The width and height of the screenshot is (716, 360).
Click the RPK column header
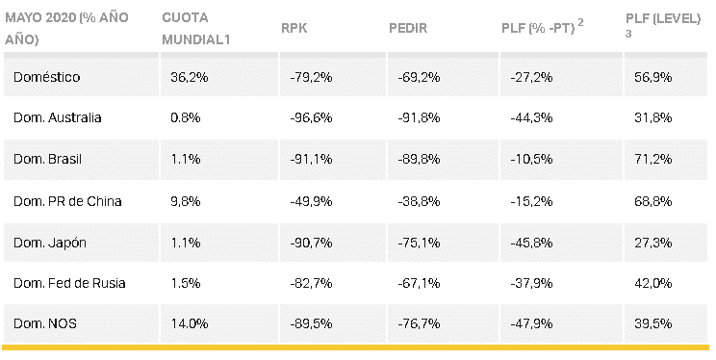pos(294,28)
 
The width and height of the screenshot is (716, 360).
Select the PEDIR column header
pos(408,28)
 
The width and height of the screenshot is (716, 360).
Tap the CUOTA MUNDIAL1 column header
pos(195,28)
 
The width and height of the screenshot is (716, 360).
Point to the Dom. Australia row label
pos(57,117)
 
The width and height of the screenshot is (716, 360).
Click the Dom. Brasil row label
pos(47,159)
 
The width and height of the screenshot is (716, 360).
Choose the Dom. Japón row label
pos(50,243)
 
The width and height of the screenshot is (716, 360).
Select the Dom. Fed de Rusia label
pos(69,283)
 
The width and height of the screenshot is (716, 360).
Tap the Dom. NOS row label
pos(44,324)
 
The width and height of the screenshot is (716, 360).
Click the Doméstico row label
pos(46,77)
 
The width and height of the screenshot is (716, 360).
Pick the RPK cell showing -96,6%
pos(311,117)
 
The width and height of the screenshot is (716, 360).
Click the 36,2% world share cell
pos(189,77)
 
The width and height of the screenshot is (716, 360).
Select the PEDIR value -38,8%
pos(419,201)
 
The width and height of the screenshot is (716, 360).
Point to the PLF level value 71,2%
pos(653,159)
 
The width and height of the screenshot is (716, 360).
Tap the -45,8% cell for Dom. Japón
pos(531,243)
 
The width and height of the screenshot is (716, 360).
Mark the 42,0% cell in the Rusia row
pos(653,283)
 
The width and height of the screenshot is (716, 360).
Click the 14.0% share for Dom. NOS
pos(189,324)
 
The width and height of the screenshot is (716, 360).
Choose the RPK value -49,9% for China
pos(311,201)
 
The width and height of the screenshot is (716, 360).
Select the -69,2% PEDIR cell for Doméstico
pos(419,77)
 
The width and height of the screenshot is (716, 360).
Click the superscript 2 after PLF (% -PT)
pos(580,22)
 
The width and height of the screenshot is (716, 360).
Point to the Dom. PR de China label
pos(67,201)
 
